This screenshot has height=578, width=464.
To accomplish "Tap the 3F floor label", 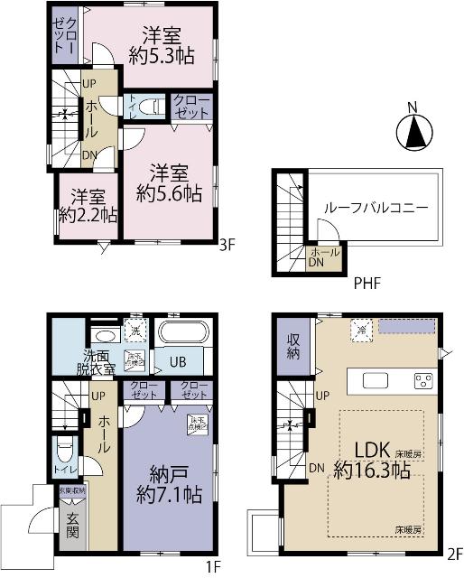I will click(x=228, y=243).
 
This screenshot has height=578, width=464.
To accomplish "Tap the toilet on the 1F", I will click(x=63, y=450).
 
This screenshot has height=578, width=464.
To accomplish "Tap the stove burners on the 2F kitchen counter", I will click(x=422, y=380).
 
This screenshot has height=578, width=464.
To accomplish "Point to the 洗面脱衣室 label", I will click(x=95, y=362).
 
